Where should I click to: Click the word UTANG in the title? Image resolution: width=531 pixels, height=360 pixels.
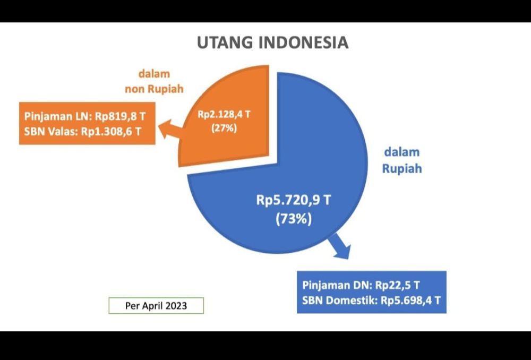(x=225, y=42)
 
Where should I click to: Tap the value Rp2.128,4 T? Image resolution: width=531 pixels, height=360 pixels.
(x=224, y=115)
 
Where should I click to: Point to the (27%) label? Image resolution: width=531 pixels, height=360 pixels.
(x=224, y=128)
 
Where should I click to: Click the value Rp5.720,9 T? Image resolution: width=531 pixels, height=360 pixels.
(x=293, y=200)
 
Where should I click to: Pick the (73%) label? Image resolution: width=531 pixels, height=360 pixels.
(x=293, y=219)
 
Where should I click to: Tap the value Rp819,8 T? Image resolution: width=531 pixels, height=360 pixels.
(x=120, y=116)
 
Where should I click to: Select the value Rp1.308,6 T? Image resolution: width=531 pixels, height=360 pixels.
(x=111, y=131)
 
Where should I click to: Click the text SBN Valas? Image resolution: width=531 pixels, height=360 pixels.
(x=50, y=131)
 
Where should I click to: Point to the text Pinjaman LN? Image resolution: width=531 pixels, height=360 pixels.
(x=57, y=117)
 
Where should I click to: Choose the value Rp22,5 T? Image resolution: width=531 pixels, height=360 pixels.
(x=397, y=285)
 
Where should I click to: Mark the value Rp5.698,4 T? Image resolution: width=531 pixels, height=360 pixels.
(x=410, y=301)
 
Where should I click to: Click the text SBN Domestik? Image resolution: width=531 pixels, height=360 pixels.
(x=339, y=301)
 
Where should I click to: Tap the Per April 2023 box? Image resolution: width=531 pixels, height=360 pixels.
(x=156, y=306)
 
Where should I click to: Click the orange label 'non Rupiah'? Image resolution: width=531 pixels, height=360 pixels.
(x=154, y=89)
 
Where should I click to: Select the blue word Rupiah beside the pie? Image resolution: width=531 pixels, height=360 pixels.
(x=402, y=168)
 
